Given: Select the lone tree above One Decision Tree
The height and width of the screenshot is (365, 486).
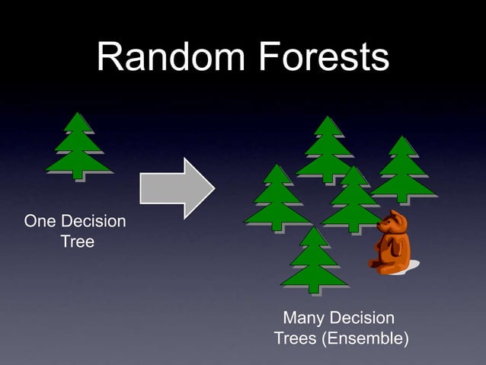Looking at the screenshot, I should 78,146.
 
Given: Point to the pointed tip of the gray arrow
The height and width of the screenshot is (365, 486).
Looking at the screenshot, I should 213,187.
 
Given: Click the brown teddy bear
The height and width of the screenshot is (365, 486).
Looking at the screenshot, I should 392,243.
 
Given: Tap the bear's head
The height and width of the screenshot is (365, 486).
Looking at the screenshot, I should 395,223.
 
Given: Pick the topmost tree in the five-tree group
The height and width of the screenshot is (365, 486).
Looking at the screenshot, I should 327,149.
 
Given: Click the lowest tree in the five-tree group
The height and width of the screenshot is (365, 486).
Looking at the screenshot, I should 314,260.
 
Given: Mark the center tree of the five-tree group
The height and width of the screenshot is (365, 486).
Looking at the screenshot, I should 353,200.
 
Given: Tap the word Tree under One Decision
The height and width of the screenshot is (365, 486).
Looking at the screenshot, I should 77,242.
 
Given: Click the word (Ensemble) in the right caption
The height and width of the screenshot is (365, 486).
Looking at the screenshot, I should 363,338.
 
